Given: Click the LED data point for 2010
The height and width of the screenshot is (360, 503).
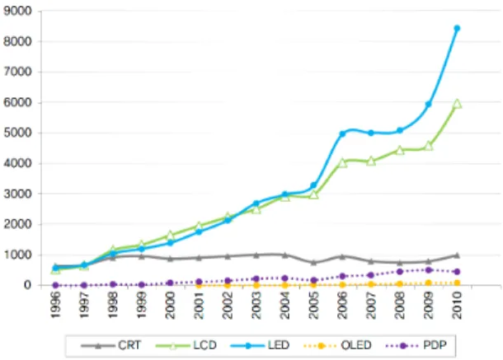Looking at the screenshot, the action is [457, 28].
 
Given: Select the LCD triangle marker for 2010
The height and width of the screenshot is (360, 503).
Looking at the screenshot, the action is [457, 104].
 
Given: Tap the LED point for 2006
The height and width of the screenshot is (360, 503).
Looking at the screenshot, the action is [342, 133].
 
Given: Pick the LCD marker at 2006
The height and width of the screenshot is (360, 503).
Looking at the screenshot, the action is [342, 163].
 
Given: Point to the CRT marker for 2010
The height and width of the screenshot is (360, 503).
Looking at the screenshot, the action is [457, 255].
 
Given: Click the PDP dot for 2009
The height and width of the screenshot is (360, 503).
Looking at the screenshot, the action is [428, 270].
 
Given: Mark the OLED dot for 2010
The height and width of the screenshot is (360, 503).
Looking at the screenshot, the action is [457, 283].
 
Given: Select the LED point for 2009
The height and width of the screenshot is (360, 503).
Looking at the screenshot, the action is [428, 104].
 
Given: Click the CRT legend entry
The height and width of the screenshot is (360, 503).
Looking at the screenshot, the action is [110, 345].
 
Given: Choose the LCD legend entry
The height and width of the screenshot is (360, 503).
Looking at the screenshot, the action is [186, 345].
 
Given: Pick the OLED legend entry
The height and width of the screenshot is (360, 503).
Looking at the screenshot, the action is [337, 345].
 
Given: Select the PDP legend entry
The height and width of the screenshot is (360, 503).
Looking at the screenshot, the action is [416, 345].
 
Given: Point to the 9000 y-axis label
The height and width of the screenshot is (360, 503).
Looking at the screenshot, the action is [17, 11].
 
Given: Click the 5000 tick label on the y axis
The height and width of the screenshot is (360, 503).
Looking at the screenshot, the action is [17, 133].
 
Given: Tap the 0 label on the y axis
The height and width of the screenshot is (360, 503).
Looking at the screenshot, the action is [28, 285].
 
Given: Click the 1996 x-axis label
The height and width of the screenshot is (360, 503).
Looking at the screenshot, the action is [55, 305].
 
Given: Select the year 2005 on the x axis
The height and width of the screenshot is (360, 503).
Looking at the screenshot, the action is [313, 305].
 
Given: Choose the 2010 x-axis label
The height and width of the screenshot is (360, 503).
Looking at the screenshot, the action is [457, 305].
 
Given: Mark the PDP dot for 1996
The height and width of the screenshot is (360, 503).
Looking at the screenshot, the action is [55, 285].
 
